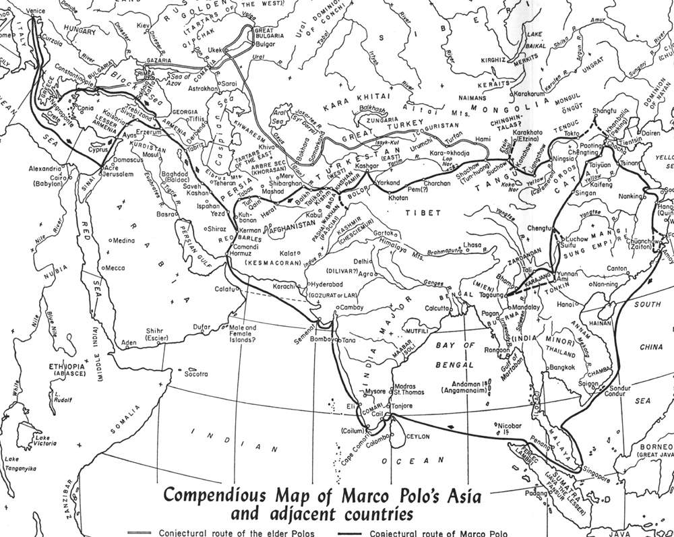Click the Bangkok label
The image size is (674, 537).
(x=561, y=367)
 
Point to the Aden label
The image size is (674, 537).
(x=128, y=343)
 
